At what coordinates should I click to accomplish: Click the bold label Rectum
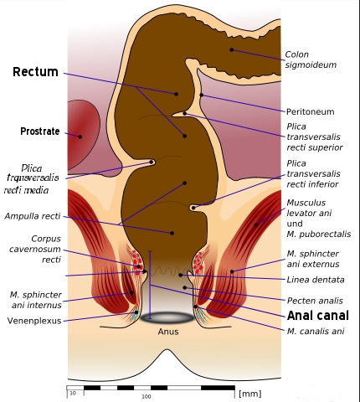[35, 72]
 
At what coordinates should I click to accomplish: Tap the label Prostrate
[40, 131]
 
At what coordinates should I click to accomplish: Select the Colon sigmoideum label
[311, 59]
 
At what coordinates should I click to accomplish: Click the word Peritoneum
[311, 111]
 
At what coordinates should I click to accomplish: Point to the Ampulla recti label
[33, 216]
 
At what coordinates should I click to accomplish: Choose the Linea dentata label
[316, 280]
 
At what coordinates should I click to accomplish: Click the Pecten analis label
[315, 301]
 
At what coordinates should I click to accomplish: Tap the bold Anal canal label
[318, 316]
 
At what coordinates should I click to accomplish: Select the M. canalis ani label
[316, 331]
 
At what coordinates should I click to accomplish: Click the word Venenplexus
[34, 321]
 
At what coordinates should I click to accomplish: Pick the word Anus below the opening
[168, 332]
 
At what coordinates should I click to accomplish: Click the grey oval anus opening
[167, 317]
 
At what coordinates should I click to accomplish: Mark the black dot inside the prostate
[80, 137]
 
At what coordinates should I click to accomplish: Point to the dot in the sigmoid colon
[232, 49]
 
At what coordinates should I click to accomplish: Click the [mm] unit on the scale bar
[250, 394]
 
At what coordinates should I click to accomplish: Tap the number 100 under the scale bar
[147, 397]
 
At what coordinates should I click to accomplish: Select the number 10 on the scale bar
[73, 394]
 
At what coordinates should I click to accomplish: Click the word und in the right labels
[295, 224]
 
